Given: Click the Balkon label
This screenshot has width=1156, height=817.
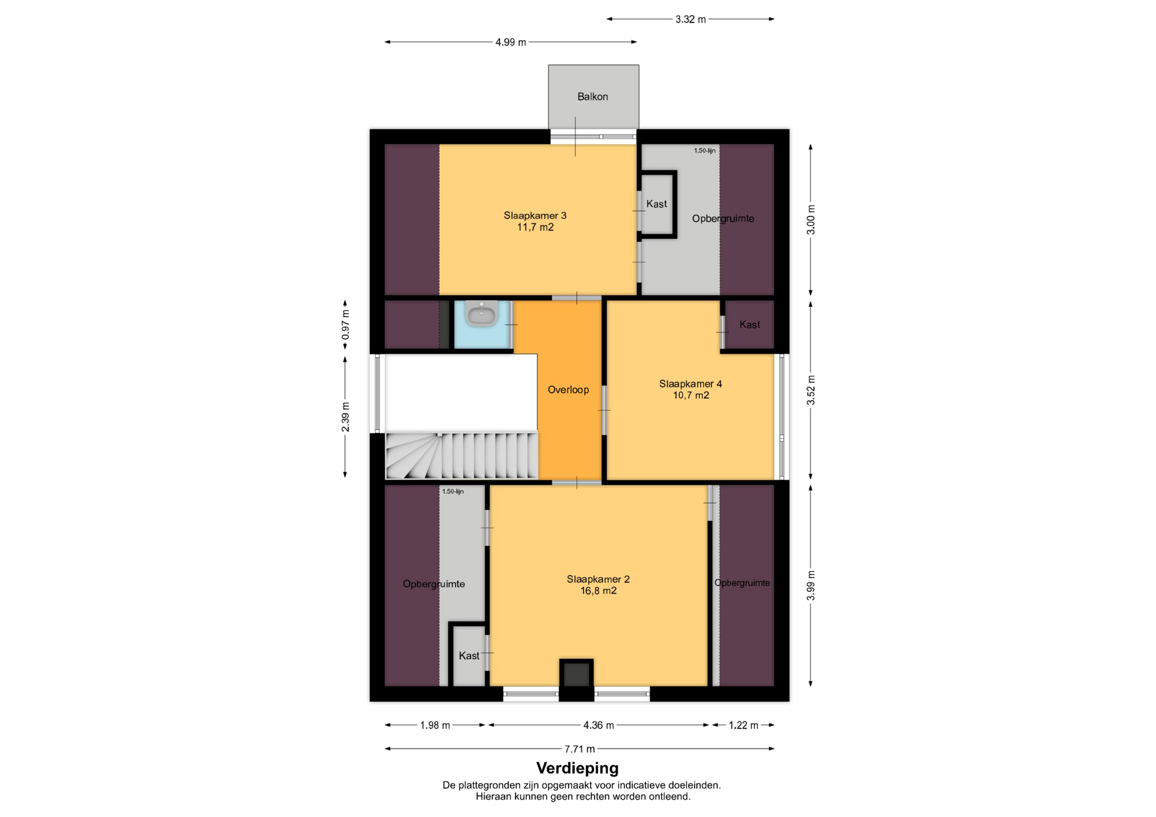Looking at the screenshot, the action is click(592, 96).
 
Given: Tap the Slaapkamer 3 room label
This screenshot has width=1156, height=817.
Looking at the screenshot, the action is click(535, 215).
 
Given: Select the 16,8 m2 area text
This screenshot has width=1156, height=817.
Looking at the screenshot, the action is click(598, 591).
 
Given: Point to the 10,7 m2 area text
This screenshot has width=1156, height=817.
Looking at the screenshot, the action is click(691, 395).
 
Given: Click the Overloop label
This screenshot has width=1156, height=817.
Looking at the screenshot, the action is click(568, 390).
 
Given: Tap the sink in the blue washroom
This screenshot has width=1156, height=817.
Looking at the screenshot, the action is click(481, 314).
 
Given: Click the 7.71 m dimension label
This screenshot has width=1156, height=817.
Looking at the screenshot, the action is click(579, 749).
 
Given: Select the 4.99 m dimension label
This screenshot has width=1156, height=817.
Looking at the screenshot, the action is click(511, 42).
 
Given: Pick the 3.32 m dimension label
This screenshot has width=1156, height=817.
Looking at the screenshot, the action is click(690, 19).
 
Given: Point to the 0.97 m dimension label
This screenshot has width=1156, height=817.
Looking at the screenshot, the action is click(346, 325).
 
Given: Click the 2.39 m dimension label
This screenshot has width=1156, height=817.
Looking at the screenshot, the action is click(346, 416).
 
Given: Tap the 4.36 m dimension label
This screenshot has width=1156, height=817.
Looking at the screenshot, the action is click(598, 726).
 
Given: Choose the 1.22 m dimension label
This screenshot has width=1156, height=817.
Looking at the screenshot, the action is click(743, 726).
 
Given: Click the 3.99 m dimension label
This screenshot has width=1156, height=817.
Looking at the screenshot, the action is click(811, 585).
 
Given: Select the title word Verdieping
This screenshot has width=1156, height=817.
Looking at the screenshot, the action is click(577, 768).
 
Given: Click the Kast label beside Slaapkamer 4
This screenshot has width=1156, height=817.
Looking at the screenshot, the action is click(750, 325).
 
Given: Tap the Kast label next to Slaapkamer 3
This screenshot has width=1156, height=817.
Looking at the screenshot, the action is click(656, 204).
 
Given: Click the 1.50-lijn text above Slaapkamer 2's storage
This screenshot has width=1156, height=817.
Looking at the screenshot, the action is click(453, 492).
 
